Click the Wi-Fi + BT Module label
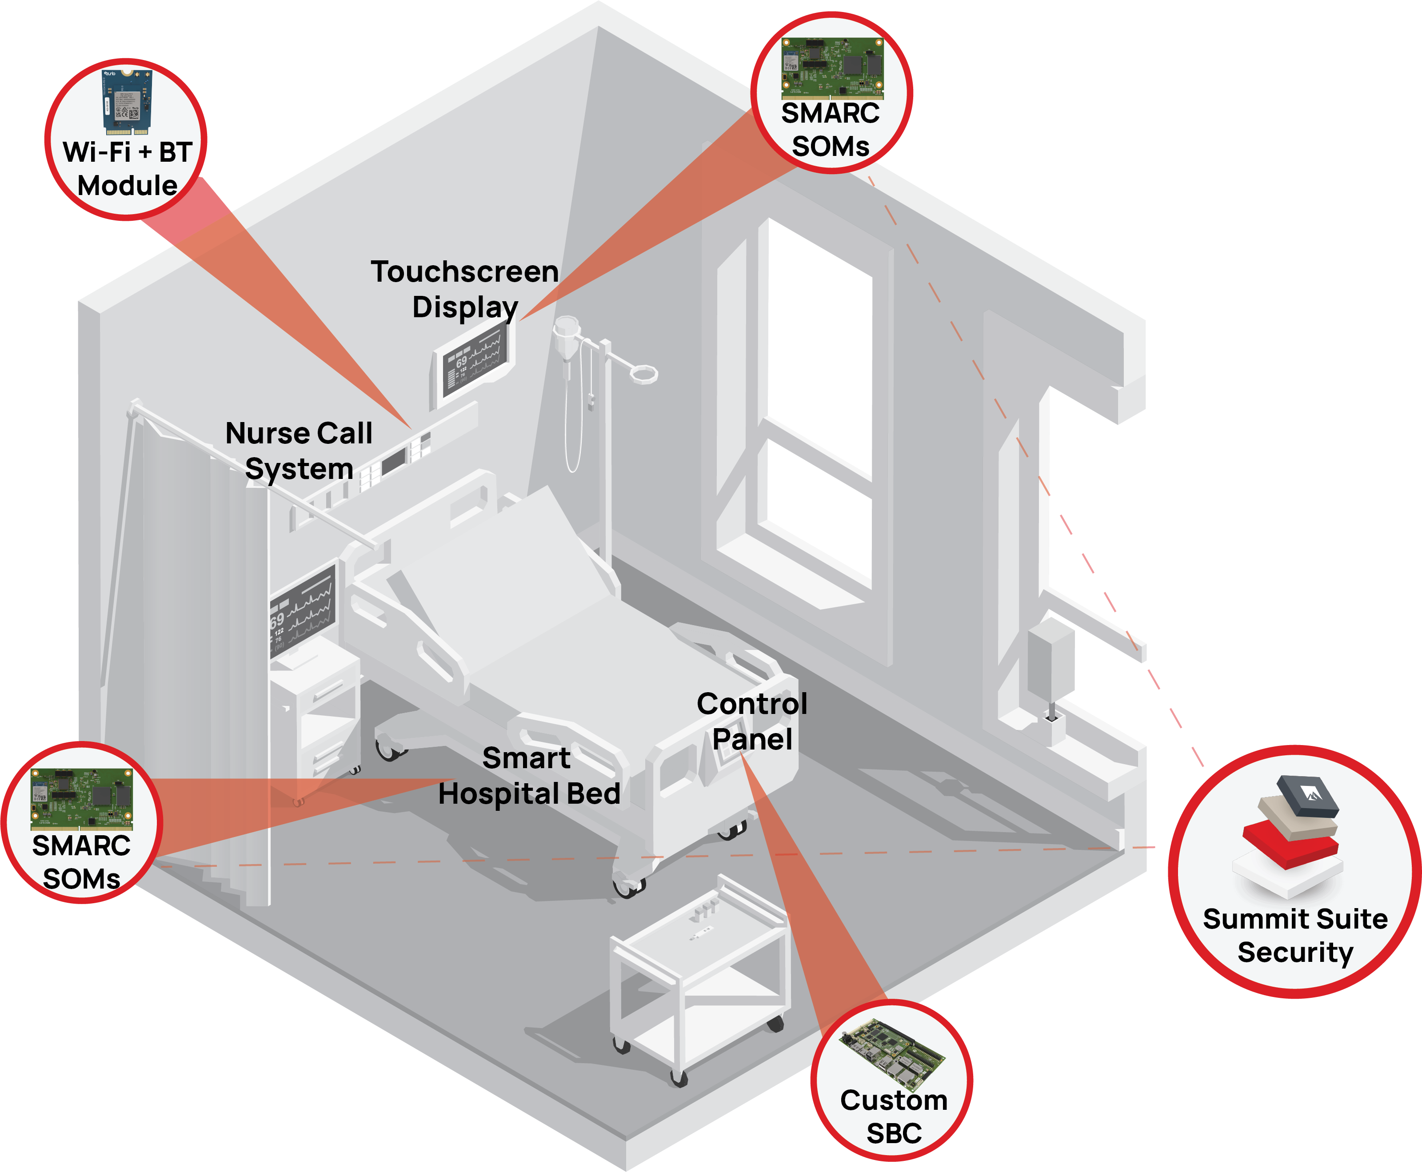point(128,169)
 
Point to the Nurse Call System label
point(299,450)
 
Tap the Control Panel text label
point(751,721)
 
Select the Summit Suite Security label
point(1295,935)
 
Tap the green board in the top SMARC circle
point(832,68)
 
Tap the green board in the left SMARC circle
point(82,799)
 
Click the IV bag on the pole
point(566,338)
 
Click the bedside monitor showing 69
point(303,611)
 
